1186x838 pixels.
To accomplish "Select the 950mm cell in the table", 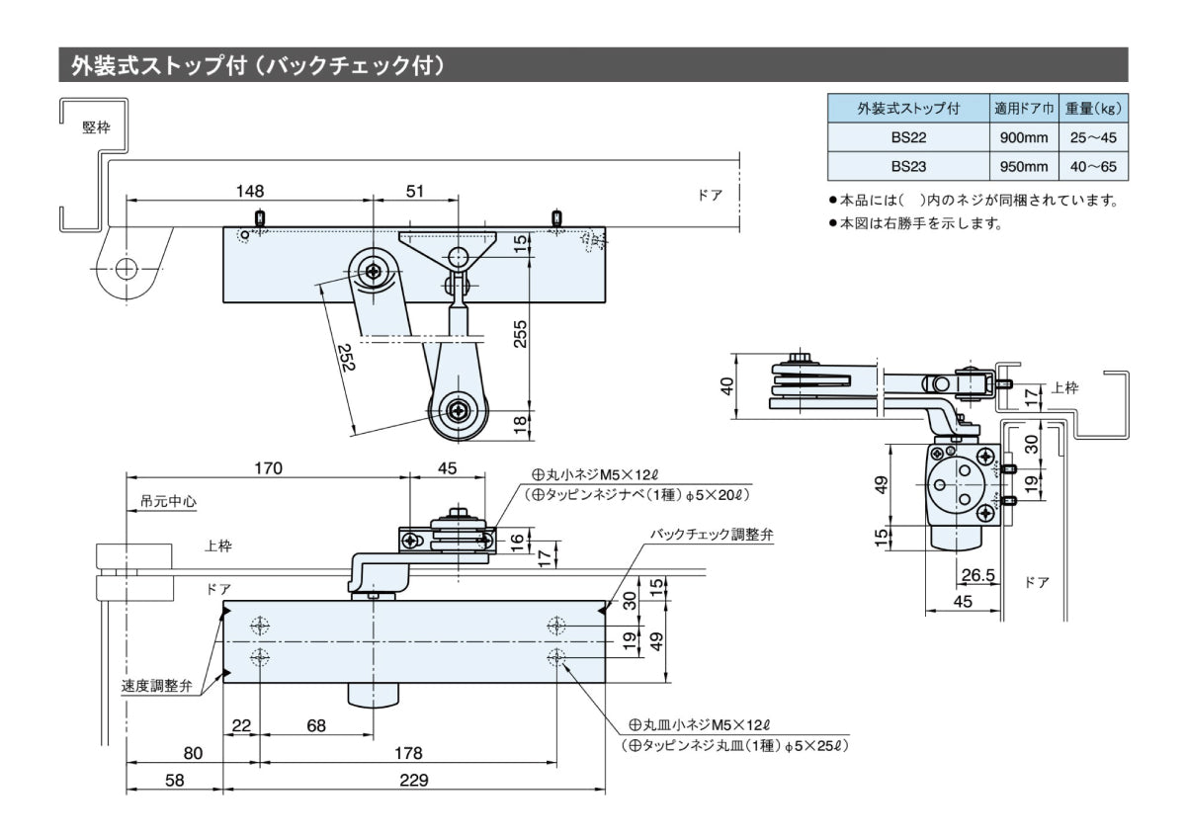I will [1023, 166].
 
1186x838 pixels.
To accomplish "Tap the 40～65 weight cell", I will [1092, 166].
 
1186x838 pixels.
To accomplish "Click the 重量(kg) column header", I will [1092, 108].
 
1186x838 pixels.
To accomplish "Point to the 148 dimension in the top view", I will [250, 190].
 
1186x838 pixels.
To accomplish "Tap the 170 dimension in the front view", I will [268, 467].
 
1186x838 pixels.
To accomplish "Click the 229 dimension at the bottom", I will [414, 780].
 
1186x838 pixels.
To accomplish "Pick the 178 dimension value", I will [407, 753].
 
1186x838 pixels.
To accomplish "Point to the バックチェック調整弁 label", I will [711, 534].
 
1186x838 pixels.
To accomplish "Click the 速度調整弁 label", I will [157, 686].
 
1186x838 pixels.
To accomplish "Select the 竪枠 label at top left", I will [96, 126].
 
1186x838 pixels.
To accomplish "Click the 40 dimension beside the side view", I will [727, 386].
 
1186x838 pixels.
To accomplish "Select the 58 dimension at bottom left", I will [174, 780].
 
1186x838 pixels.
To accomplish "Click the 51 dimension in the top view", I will [415, 190].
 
